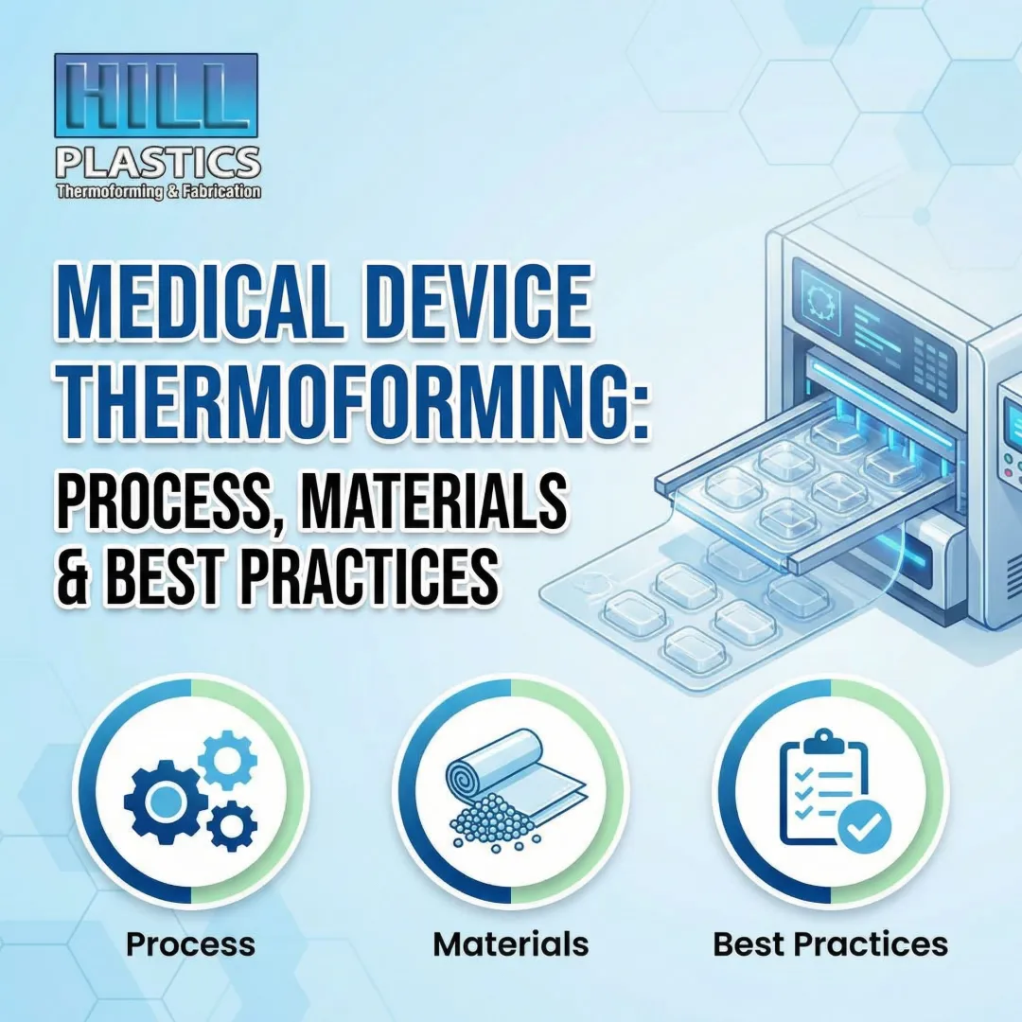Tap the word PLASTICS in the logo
tap(157, 163)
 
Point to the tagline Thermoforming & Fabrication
tap(158, 191)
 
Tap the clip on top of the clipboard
tap(822, 740)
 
